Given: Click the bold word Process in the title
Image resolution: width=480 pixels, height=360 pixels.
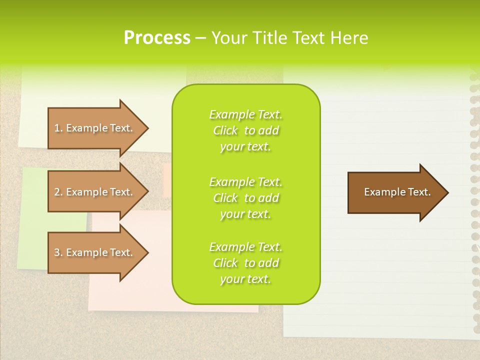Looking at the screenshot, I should coord(157,38).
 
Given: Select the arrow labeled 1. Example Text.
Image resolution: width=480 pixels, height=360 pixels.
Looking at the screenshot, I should coord(95,128).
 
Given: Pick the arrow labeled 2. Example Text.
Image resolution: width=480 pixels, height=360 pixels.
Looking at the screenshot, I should coord(95,192).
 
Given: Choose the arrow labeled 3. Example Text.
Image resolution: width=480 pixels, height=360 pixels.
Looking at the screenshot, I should coord(95,252).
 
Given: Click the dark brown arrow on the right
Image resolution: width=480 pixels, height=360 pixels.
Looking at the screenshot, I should coord(395,192).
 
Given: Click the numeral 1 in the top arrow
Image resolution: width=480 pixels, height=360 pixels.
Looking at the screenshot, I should coord(57,128).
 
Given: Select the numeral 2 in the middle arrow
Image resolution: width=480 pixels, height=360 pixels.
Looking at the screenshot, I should coord(57,192).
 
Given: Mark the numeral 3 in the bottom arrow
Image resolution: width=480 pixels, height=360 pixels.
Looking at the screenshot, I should coord(57,252).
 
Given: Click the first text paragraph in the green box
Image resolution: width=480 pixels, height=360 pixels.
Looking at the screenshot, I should coord(245,130).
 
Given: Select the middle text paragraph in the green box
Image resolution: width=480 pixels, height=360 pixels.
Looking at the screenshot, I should coord(245,198).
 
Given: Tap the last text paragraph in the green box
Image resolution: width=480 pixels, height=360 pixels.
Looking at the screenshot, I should coord(245,263).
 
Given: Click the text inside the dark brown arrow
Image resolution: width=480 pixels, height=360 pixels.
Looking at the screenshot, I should coord(397,192).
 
